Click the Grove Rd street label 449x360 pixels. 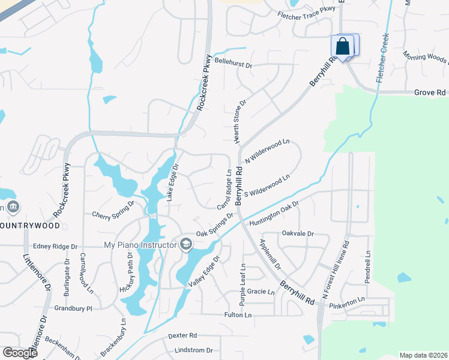point(430,93)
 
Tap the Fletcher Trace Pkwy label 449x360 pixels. point(306,10)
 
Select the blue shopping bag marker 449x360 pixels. point(342,46)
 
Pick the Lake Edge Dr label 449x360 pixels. point(172,182)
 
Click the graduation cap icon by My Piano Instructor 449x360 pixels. point(185,244)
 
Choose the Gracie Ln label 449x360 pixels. point(261,292)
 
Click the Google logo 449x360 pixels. point(20,353)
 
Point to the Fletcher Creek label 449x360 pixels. point(382,58)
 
